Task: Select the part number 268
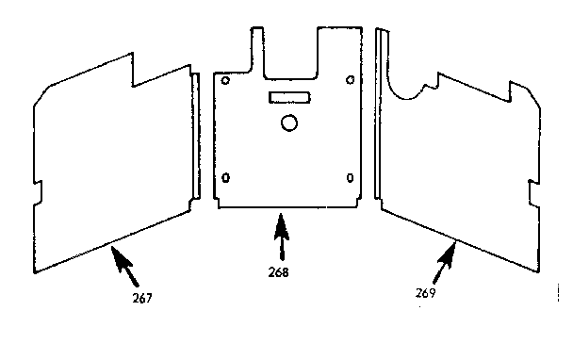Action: click(278, 272)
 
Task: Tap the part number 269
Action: click(427, 292)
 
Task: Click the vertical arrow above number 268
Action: click(279, 237)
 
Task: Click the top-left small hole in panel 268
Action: click(225, 81)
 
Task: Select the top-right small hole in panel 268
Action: click(351, 80)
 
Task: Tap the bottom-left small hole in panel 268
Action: click(225, 178)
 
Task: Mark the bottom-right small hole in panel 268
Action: click(351, 177)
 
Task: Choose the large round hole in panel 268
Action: click(289, 123)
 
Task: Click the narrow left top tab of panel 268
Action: click(254, 47)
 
